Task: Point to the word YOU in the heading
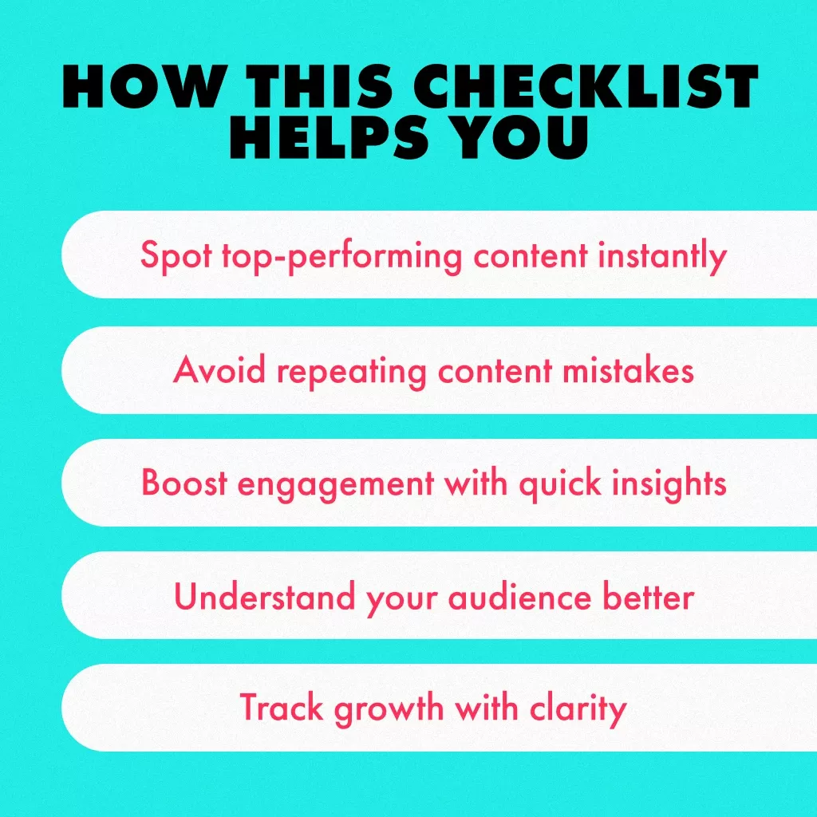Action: coord(522,136)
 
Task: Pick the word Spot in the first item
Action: coord(176,255)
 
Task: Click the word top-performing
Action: coord(342,256)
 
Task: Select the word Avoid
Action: coord(219,370)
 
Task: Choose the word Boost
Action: coord(184,482)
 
